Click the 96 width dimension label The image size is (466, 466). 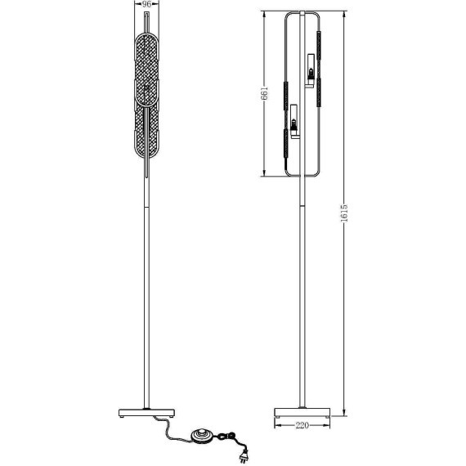(x=147, y=4)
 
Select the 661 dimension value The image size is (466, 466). (x=264, y=93)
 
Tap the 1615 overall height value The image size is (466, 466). (x=344, y=213)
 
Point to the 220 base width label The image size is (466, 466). (x=302, y=425)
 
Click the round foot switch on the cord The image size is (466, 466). (x=201, y=435)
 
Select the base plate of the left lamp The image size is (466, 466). (x=146, y=413)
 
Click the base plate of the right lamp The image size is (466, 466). (x=302, y=412)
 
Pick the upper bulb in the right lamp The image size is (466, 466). (x=311, y=73)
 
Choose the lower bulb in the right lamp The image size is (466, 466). (x=293, y=123)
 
